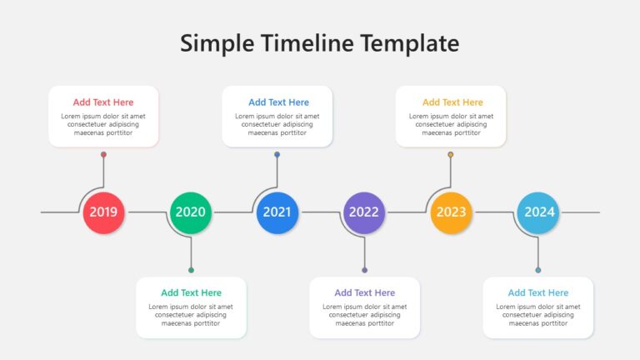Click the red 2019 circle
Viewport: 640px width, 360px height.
click(103, 212)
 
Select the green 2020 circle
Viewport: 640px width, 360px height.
click(191, 212)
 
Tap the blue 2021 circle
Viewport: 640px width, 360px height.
click(277, 212)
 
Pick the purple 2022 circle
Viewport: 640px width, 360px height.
click(364, 212)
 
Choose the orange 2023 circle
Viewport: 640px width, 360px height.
click(451, 212)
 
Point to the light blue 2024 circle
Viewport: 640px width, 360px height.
click(538, 212)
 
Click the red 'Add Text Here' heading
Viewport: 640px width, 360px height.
click(103, 102)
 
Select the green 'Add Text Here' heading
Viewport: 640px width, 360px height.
click(191, 292)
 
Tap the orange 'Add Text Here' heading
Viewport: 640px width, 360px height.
click(452, 102)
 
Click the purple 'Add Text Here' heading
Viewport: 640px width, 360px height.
click(364, 292)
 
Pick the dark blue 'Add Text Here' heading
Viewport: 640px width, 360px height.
click(279, 102)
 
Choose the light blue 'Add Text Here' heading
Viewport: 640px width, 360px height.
click(538, 292)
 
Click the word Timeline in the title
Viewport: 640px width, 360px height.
click(307, 43)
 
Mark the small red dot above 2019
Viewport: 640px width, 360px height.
click(103, 154)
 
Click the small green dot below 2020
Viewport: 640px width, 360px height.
click(191, 270)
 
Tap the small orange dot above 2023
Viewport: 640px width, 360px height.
click(451, 154)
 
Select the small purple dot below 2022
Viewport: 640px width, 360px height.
click(364, 270)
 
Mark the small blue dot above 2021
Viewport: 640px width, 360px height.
click(277, 154)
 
